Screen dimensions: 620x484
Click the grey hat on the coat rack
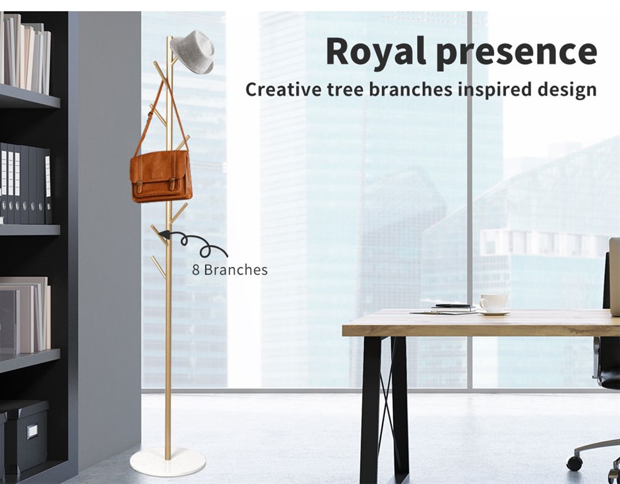(x=193, y=51)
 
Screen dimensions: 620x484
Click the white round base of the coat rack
(x=168, y=462)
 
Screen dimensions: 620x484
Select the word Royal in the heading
(x=376, y=52)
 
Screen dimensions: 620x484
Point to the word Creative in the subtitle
(x=284, y=89)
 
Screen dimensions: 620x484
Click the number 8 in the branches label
(x=196, y=270)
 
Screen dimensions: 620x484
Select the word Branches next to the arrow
(x=235, y=270)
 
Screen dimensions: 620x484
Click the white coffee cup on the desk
(x=493, y=303)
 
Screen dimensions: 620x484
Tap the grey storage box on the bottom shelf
(x=26, y=435)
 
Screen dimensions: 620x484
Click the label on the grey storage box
(x=32, y=431)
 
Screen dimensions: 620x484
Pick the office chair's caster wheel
(x=574, y=463)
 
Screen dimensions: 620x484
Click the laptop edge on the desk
(x=615, y=277)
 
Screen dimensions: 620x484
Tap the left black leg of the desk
(x=371, y=408)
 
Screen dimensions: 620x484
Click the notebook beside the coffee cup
(x=454, y=307)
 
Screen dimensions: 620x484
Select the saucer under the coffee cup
(x=493, y=313)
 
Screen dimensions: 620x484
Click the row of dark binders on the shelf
(x=26, y=184)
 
